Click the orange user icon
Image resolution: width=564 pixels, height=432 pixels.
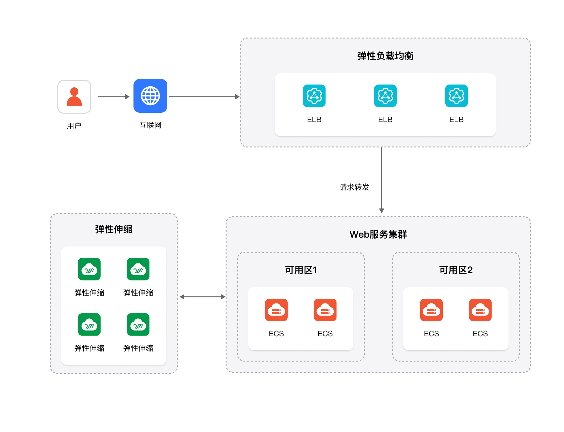[74, 97]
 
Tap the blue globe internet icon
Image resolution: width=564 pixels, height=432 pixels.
[150, 96]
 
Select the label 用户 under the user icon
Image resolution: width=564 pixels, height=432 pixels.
[74, 126]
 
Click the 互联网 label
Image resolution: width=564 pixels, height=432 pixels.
[150, 125]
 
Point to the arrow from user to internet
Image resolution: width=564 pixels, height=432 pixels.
[113, 97]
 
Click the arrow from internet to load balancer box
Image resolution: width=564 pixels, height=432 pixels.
[204, 97]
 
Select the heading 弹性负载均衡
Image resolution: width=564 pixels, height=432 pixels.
[385, 56]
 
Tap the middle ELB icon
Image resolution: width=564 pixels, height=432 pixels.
[385, 96]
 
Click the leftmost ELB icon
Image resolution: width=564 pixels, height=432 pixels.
[314, 96]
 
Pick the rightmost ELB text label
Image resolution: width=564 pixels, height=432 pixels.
[456, 120]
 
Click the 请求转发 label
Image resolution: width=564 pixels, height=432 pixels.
[354, 187]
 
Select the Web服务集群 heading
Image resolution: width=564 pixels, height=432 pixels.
[378, 234]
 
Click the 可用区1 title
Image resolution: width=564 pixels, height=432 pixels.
[301, 270]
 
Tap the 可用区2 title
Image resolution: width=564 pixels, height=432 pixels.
[456, 270]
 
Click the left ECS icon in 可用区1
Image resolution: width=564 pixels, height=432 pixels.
[276, 310]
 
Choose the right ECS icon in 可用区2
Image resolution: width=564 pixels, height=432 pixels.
[480, 310]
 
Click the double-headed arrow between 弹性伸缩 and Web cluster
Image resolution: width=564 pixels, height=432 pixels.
[202, 297]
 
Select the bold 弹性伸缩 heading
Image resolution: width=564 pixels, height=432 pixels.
[114, 229]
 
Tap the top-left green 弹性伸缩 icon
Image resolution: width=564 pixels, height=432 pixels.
[89, 269]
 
